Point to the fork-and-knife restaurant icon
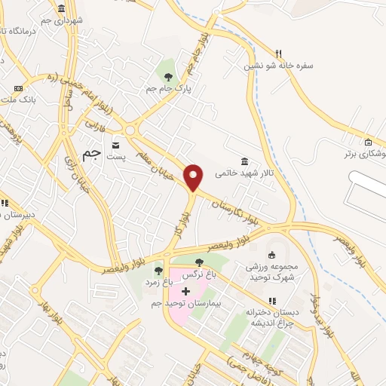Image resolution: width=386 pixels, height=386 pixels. [x=278, y=54]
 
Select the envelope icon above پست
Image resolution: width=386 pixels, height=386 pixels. [x=115, y=144]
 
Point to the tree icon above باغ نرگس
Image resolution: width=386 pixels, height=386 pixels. [x=199, y=262]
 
